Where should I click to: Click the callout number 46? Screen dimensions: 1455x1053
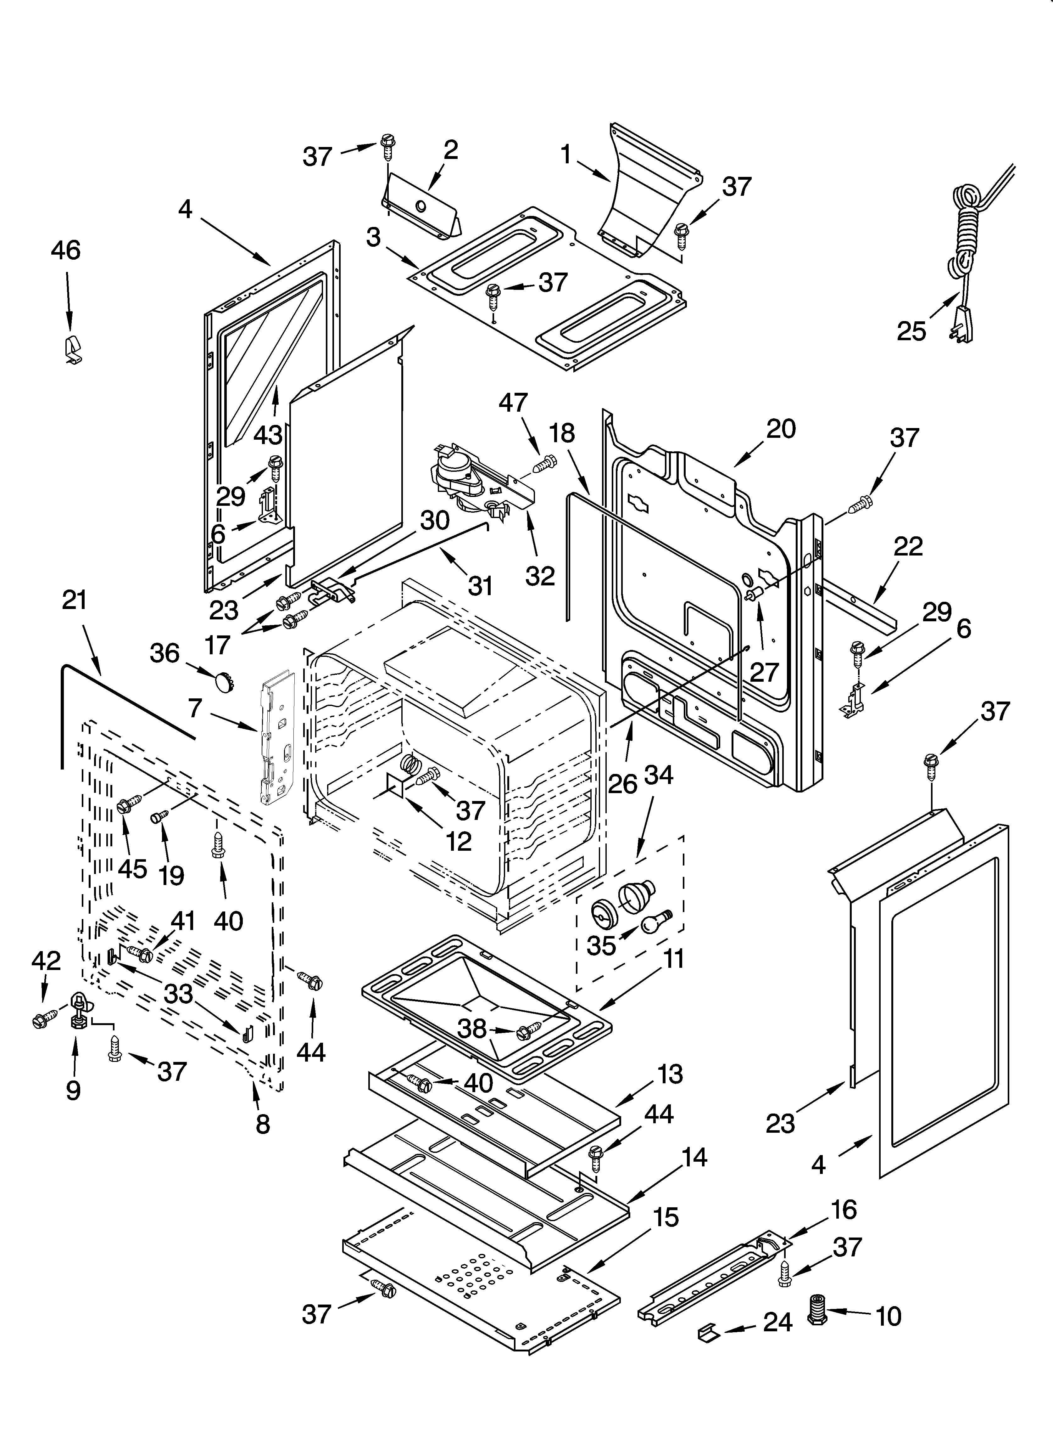coord(66,250)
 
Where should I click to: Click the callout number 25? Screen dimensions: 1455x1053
coord(911,331)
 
